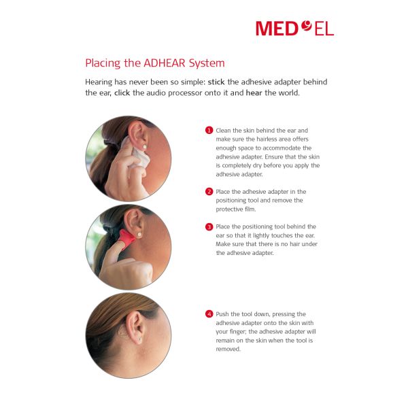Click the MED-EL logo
294,28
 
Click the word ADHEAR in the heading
165,63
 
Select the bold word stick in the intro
216,82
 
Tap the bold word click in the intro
122,93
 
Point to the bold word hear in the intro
254,93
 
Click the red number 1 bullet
209,130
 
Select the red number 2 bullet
209,192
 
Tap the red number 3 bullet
209,226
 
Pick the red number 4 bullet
209,313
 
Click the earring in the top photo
144,147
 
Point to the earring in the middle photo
139,235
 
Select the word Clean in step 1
223,131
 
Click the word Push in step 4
222,314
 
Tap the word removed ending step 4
228,349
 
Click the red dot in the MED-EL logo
307,26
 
